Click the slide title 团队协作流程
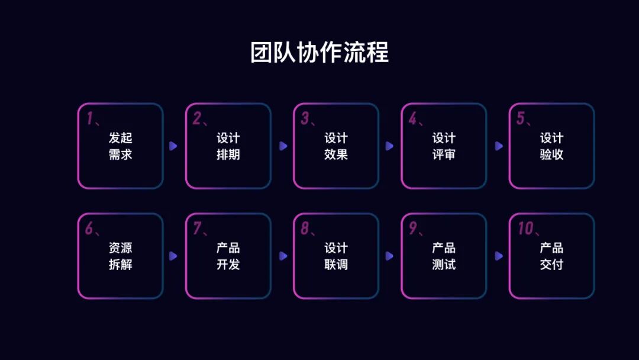(x=319, y=53)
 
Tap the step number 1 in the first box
(x=90, y=118)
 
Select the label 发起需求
(x=120, y=146)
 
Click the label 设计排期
(x=228, y=146)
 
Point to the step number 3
(x=305, y=118)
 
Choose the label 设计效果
(x=335, y=146)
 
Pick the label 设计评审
(x=444, y=146)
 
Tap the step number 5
(x=521, y=118)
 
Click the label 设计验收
(x=551, y=146)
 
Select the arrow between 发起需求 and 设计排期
(x=173, y=146)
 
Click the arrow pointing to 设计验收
(x=499, y=146)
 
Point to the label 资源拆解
(x=120, y=256)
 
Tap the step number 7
(x=197, y=229)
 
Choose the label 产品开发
(x=228, y=256)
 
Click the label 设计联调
(x=335, y=256)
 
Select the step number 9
(x=413, y=229)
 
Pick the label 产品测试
(x=444, y=256)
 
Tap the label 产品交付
(x=551, y=256)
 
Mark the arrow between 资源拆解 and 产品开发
(x=173, y=256)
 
